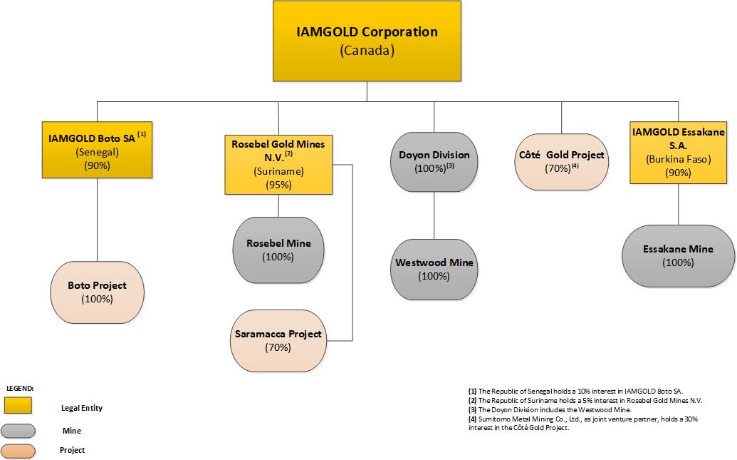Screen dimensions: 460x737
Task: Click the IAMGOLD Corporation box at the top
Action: (x=367, y=41)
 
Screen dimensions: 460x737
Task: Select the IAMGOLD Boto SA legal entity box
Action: (x=97, y=150)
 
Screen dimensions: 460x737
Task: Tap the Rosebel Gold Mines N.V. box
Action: (x=278, y=164)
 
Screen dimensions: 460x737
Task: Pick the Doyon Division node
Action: (x=434, y=162)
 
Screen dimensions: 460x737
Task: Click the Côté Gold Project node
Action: (x=561, y=161)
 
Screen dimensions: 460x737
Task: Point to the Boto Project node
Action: (x=97, y=292)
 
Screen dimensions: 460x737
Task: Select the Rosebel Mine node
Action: (x=278, y=250)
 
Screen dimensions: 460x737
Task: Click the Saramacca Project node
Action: (x=278, y=340)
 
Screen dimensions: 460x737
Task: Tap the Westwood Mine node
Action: (x=434, y=269)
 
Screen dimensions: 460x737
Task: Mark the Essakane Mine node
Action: (x=678, y=255)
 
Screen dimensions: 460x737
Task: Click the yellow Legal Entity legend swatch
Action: (x=19, y=406)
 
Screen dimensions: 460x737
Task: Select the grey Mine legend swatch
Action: (x=19, y=430)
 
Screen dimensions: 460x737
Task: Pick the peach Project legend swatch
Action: (x=19, y=450)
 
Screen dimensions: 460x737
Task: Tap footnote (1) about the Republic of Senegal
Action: (x=575, y=392)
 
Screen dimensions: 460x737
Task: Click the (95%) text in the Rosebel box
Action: (x=278, y=185)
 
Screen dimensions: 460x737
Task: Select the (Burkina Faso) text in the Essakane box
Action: (x=678, y=160)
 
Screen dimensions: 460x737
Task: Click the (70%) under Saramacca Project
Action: (x=278, y=348)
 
